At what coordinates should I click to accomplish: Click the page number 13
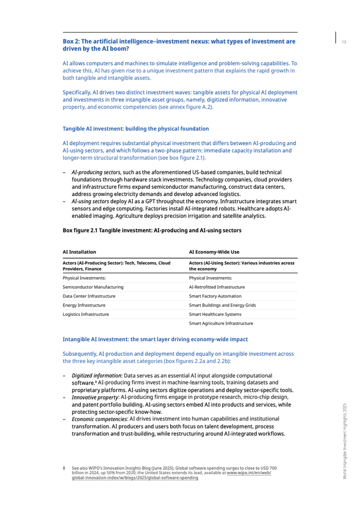click(x=344, y=42)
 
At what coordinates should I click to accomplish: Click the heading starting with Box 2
click(x=178, y=45)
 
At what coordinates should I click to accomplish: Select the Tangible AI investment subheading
click(x=135, y=129)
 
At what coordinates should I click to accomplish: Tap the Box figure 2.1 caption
click(x=152, y=231)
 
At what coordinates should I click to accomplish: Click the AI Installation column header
click(x=79, y=252)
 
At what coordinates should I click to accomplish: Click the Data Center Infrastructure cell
click(x=89, y=296)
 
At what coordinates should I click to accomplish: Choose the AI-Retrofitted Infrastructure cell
click(x=217, y=286)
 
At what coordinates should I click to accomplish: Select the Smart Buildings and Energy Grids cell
click(x=222, y=305)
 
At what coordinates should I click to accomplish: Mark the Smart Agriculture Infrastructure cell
click(x=221, y=323)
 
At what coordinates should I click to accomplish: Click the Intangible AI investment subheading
click(x=155, y=339)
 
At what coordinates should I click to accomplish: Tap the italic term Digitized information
click(x=97, y=376)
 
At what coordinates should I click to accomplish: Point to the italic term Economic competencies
click(x=99, y=420)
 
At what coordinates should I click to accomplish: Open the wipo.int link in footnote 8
click(x=135, y=478)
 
